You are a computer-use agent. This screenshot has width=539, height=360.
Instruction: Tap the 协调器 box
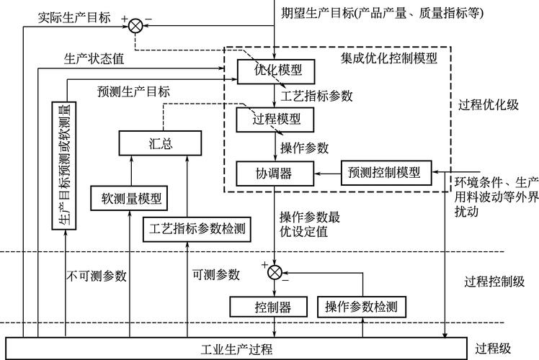coord(275,173)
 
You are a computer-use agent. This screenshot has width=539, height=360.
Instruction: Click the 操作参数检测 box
coord(360,307)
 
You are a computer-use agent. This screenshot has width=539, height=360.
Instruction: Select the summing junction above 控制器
coord(275,271)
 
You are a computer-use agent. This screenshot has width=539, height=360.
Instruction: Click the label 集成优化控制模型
coord(389,58)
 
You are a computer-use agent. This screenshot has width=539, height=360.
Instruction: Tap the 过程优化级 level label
coord(488,104)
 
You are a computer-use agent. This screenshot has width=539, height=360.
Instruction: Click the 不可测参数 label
coord(98,275)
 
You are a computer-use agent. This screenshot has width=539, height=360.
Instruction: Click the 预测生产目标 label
coord(133,91)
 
